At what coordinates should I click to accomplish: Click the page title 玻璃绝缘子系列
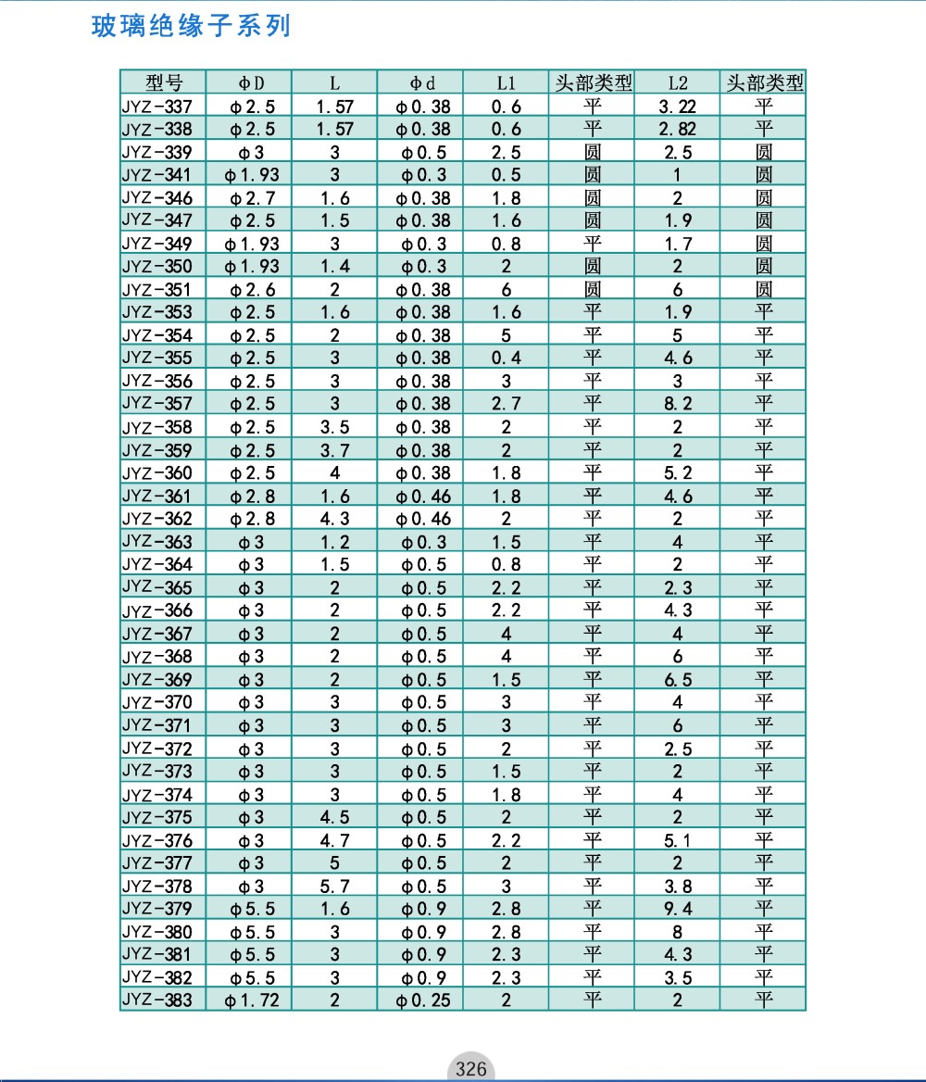click(192, 26)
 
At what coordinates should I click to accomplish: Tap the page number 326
click(470, 1069)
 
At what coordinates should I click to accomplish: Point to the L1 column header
click(507, 82)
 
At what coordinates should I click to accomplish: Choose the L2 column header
click(677, 82)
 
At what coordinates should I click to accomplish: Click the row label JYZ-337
click(157, 106)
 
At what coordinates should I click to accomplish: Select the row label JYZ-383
click(157, 1000)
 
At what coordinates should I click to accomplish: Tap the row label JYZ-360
click(157, 472)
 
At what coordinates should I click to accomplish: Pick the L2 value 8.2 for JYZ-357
click(677, 404)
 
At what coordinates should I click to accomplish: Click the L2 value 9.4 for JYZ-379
click(677, 909)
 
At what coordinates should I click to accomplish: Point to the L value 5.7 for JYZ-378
click(335, 886)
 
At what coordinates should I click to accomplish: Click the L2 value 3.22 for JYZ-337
click(677, 107)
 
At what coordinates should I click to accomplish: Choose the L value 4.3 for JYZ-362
click(335, 519)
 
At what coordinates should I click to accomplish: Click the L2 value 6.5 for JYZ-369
click(677, 680)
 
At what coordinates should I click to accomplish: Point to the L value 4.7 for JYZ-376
click(335, 840)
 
